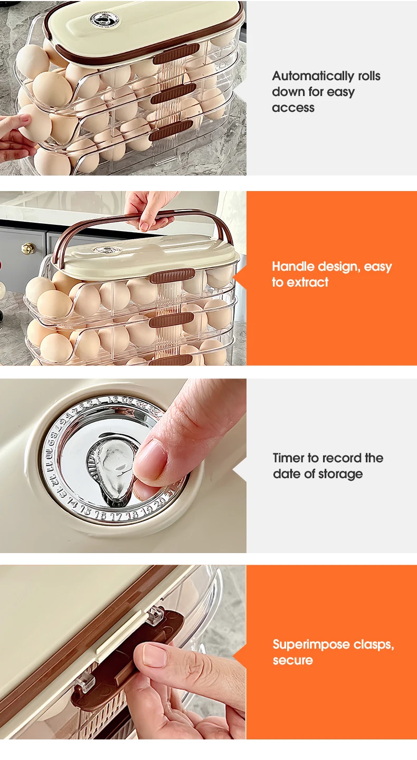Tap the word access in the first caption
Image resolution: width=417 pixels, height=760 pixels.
[293, 108]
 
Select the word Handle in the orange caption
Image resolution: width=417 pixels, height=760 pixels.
[293, 267]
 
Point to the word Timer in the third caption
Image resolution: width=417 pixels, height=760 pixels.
[288, 458]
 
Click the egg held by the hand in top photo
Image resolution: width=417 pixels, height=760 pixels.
[35, 122]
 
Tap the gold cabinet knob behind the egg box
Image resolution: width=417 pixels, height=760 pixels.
[28, 249]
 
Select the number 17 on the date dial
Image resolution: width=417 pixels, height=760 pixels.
[116, 517]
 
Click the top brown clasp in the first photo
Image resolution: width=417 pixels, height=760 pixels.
[176, 54]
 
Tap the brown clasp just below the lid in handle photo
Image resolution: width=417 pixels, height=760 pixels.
[173, 275]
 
